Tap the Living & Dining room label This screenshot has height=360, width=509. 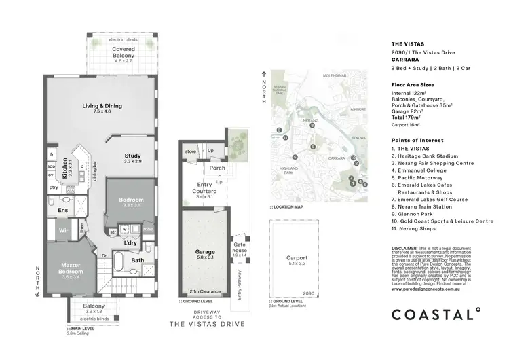pyautogui.click(x=102, y=107)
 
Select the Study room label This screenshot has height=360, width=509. pyautogui.click(x=132, y=155)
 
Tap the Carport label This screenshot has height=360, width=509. pyautogui.click(x=297, y=258)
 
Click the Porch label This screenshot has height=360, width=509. pyautogui.click(x=218, y=168)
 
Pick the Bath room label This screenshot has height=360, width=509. pyautogui.click(x=138, y=259)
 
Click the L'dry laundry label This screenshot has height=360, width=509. pyautogui.click(x=132, y=242)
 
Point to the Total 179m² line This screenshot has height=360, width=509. pyautogui.click(x=409, y=116)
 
